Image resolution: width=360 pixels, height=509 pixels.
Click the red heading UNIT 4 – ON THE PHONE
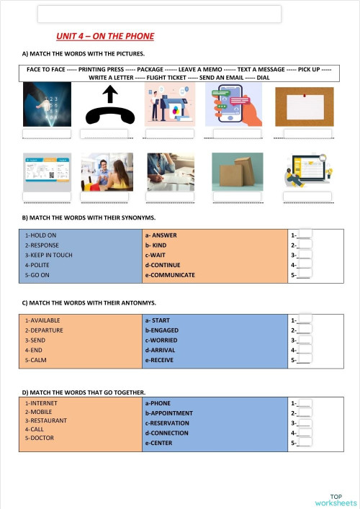click(105, 36)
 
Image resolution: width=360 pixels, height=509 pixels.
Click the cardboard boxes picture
click(238, 171)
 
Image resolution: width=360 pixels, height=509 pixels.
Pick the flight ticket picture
click(47, 171)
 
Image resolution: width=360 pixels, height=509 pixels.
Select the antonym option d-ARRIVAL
click(163, 350)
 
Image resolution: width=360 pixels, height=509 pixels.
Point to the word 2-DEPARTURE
click(44, 330)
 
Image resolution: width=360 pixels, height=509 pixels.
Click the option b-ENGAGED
click(164, 330)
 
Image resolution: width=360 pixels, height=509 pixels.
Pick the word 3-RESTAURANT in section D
click(46, 420)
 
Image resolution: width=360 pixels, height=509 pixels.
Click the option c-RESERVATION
click(170, 423)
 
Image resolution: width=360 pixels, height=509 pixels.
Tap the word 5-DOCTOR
click(40, 438)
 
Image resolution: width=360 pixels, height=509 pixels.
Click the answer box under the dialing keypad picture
click(47, 134)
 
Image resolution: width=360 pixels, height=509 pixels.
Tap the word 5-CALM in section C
click(35, 360)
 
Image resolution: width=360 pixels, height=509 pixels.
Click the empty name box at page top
click(159, 14)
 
